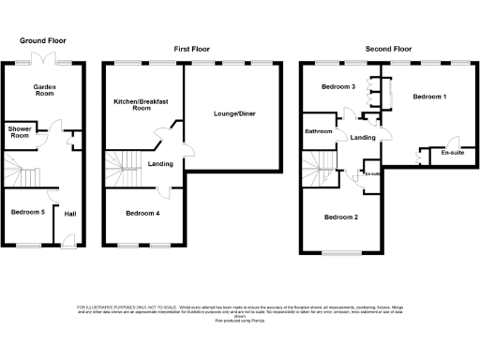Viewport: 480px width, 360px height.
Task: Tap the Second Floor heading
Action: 390,48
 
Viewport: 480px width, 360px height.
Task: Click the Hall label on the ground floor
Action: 70,213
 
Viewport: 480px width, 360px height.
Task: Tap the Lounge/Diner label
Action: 234,113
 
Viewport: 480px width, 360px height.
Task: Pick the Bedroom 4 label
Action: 142,213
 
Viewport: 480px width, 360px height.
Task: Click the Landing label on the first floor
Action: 160,165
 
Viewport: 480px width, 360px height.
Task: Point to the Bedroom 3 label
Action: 338,86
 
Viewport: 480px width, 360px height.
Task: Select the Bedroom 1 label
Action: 429,97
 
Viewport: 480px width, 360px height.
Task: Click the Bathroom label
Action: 319,131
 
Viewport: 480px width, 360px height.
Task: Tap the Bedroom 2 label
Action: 340,217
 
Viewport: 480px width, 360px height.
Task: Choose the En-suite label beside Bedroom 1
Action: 440,152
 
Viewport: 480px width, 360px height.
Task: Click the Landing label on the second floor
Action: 363,138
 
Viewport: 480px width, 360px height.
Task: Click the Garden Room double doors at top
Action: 42,60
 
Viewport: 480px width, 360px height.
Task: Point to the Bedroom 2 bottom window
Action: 342,252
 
